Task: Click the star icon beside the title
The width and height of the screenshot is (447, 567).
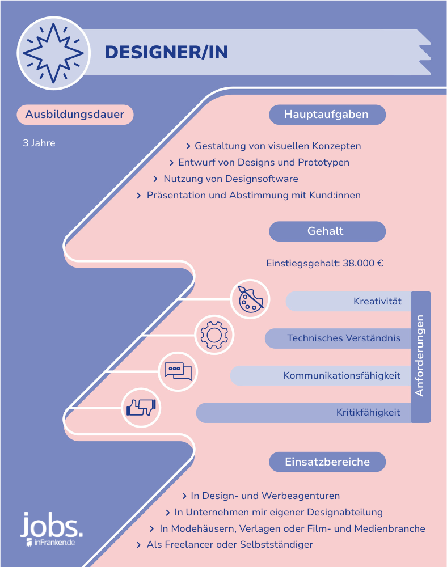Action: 53,53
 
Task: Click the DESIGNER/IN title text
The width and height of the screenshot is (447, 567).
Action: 166,52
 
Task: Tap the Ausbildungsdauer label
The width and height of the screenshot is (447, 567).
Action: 75,115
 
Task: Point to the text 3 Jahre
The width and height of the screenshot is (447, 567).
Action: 39,143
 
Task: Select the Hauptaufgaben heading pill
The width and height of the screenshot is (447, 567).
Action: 327,115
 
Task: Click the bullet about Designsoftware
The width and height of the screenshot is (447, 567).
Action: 226,179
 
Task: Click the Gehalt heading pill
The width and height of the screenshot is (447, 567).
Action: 327,231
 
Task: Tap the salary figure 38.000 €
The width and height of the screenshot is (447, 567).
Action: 362,263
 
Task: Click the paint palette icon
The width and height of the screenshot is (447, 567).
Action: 250,299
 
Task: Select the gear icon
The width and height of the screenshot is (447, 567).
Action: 214,335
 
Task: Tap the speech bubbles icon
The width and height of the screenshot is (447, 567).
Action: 178,371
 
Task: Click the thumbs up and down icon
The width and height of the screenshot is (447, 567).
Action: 141,408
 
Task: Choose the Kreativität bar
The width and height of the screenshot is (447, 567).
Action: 348,301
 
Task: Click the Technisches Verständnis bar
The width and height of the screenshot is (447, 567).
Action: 338,338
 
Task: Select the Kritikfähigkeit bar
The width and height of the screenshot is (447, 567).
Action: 303,413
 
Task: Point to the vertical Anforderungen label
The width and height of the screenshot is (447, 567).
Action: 420,356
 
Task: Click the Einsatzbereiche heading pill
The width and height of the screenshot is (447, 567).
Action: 327,462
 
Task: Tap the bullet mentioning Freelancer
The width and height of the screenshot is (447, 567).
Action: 225,544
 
